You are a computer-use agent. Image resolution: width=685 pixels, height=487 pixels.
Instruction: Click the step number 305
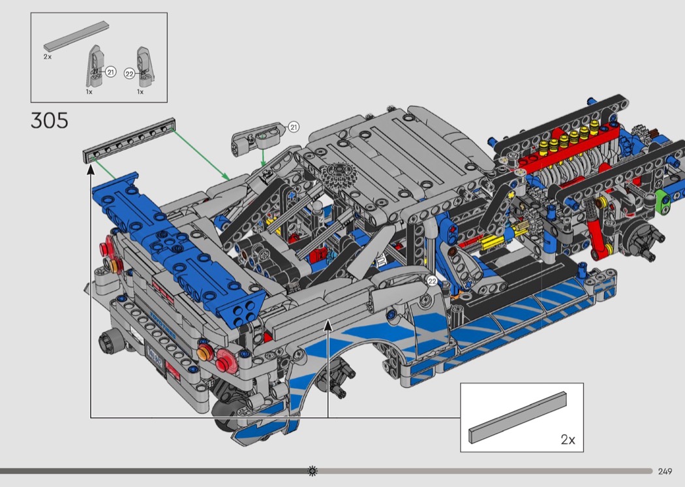coord(50,120)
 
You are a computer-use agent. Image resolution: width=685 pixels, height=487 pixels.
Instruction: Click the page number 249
coord(665,471)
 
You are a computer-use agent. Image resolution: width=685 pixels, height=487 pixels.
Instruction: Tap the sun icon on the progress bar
coord(312,471)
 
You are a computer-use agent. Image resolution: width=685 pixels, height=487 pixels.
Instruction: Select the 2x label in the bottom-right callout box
coord(568,439)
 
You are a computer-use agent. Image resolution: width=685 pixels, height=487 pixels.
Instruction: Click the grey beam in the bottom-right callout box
coord(518,417)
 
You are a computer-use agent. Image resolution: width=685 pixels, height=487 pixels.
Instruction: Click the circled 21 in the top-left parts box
coord(110,72)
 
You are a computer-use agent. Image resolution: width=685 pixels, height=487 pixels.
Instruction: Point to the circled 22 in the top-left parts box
coord(129,74)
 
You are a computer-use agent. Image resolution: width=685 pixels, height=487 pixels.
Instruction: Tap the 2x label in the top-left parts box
coord(48,57)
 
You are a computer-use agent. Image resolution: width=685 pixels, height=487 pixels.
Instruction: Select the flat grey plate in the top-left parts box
coord(76,37)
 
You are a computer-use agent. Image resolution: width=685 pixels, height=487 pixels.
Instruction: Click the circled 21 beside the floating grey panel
coord(294,127)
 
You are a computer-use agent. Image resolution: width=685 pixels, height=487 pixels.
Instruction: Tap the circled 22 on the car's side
coord(432,281)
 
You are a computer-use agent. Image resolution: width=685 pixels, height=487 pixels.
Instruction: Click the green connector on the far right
coord(664,201)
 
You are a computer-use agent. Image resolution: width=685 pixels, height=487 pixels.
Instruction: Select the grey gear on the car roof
coord(340,177)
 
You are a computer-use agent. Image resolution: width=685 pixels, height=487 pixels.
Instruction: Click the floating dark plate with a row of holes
coord(130,140)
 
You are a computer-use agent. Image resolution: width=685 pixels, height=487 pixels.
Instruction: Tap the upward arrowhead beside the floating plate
coord(91,169)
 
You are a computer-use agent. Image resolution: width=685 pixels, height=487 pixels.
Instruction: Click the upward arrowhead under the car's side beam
coord(328,325)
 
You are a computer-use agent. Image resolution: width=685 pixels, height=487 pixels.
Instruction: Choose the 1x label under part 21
coord(89,92)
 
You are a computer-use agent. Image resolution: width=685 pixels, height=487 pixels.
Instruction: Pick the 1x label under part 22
coord(140,92)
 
